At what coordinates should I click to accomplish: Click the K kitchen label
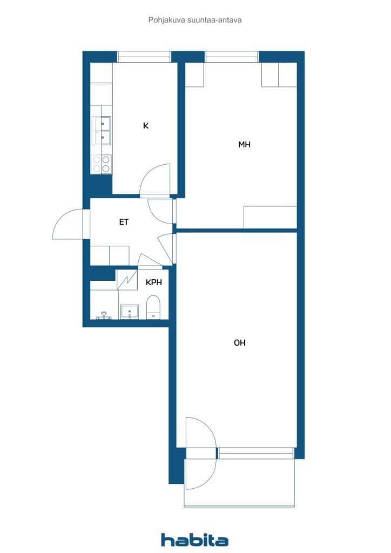click(146, 125)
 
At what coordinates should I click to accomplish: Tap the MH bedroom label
click(244, 144)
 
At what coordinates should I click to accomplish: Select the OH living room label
click(240, 342)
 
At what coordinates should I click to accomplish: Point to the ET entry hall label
click(124, 222)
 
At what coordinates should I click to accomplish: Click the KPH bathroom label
click(154, 282)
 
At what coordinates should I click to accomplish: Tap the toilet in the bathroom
click(153, 307)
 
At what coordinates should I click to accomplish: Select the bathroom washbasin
click(130, 312)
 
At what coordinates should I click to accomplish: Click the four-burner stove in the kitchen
click(102, 164)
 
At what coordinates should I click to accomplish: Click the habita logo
click(194, 539)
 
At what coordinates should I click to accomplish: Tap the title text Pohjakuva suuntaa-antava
click(195, 20)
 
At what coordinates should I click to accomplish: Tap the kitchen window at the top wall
click(144, 57)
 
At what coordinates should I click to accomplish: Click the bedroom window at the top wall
click(232, 57)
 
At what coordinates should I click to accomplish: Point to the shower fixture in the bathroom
click(104, 315)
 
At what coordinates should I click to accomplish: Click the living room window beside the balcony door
click(255, 453)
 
